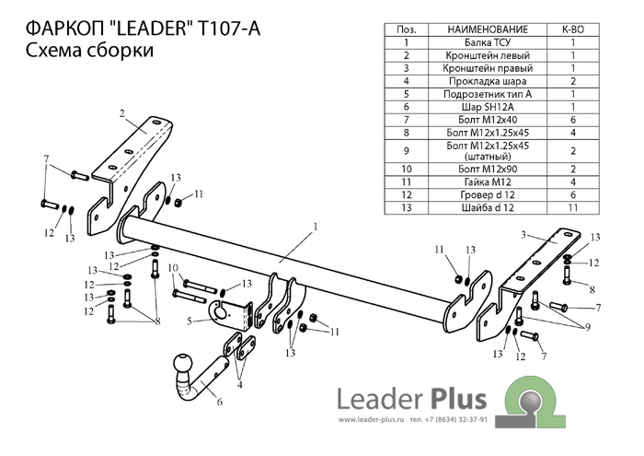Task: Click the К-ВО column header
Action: (573, 29)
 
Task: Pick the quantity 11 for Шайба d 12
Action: (573, 209)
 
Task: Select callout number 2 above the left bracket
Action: (121, 113)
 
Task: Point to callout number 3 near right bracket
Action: (522, 234)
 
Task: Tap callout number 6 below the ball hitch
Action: (219, 402)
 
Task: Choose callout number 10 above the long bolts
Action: (171, 267)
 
